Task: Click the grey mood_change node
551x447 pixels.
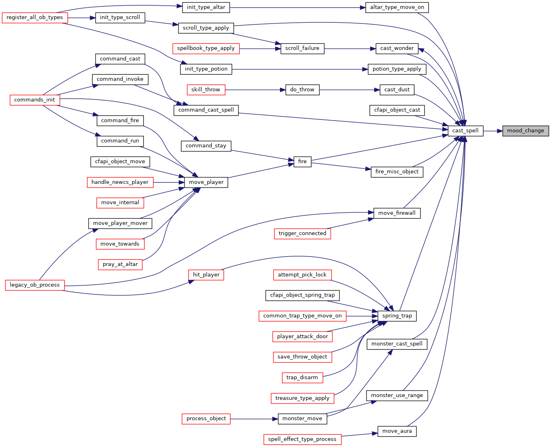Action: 525,131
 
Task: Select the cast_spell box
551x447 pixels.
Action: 465,131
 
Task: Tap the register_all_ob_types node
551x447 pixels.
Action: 35,18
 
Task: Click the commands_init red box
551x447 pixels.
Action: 35,100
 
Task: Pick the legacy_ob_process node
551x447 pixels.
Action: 35,285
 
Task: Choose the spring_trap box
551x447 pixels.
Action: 397,316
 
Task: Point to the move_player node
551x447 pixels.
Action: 206,182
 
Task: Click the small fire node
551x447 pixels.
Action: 302,162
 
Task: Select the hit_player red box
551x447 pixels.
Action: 206,275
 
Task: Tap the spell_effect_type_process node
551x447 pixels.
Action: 302,440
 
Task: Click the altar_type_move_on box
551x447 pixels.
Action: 397,7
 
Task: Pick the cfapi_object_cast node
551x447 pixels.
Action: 397,110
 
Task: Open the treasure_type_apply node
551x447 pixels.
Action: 302,398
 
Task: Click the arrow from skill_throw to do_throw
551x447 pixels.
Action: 255,90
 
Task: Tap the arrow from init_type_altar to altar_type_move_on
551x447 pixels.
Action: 297,7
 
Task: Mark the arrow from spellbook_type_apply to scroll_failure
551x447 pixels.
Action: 260,49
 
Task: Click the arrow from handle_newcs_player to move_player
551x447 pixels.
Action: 169,182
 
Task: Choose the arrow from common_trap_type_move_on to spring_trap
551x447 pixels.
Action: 362,316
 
